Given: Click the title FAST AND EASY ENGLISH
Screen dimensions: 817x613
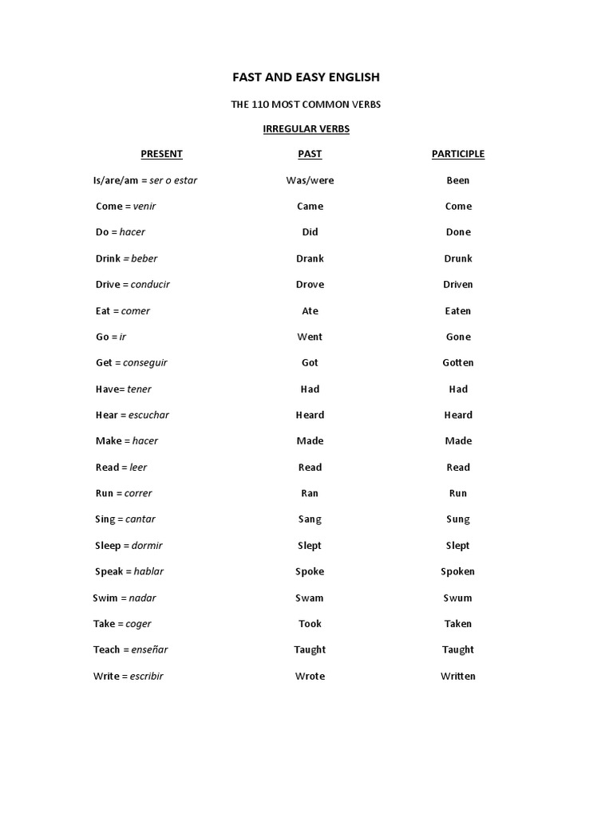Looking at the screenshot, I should (306, 77).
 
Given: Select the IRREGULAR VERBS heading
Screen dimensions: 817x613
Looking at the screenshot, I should (306, 128).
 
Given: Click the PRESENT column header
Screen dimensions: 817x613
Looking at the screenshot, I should (161, 154).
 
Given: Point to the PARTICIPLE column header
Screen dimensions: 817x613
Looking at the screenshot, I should (458, 154).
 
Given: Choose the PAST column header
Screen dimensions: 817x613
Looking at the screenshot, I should (310, 154).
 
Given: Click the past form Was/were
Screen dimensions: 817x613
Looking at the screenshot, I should (310, 180).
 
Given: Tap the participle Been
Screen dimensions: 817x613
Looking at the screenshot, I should (458, 180).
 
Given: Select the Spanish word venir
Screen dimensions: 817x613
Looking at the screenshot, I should (144, 207).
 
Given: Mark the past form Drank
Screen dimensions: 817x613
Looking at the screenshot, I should (310, 259).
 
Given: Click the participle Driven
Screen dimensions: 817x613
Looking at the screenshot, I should (458, 285).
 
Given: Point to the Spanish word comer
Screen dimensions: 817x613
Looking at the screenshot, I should (136, 311).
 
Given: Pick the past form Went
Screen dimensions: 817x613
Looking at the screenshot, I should (310, 337).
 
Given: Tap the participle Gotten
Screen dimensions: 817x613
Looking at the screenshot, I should (458, 363).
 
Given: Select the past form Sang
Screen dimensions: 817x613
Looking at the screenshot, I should (310, 519).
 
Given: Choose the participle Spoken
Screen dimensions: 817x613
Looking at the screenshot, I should (458, 571).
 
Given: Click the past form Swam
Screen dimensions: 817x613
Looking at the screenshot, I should (310, 598).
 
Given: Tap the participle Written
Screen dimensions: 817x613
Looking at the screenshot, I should (458, 676).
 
